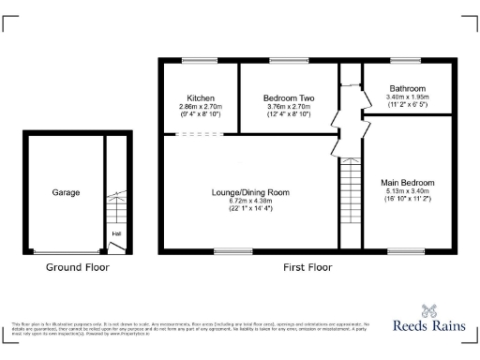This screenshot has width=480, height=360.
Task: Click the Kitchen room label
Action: pos(201,98)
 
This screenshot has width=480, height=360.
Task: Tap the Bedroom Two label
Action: pos(288,98)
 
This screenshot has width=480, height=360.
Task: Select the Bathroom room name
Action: pos(407,89)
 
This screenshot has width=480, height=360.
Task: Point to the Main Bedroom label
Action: pos(407,182)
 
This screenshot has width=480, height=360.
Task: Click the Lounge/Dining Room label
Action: pos(249,192)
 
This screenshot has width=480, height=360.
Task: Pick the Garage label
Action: pos(66,192)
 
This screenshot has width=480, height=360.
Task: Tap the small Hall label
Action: pos(116,233)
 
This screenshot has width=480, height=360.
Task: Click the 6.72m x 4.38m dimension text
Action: pos(249,201)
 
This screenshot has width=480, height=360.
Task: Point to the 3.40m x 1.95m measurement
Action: pos(407,97)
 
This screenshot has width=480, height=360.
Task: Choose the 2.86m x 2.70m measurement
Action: pos(201,107)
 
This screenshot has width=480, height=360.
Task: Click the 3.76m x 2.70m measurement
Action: pos(288,107)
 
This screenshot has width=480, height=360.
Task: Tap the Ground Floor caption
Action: pos(78,267)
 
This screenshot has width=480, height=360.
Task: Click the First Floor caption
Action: pos(307,267)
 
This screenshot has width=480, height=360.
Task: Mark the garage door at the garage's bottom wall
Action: pos(66,251)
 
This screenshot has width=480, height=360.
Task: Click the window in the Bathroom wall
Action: pos(407,61)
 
